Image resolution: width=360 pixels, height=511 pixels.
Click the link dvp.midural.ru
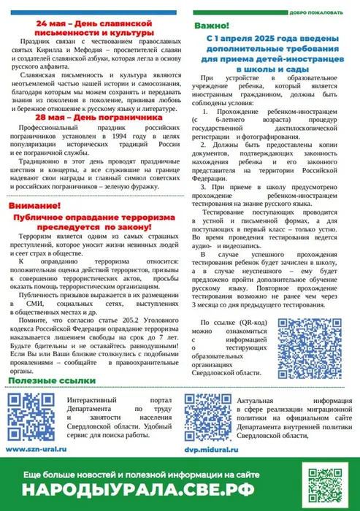[x=209, y=450]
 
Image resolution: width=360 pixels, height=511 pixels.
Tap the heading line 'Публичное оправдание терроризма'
[x=93, y=218]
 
